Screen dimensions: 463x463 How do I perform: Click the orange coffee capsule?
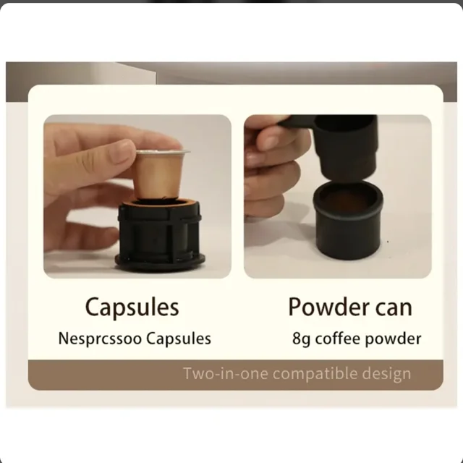pyautogui.click(x=159, y=174)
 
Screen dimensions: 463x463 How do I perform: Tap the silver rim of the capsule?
pyautogui.click(x=163, y=152)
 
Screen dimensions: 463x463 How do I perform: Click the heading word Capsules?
pyautogui.click(x=132, y=307)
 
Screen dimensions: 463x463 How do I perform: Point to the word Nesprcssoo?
pyautogui.click(x=100, y=339)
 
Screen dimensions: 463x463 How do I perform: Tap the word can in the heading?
pyautogui.click(x=394, y=309)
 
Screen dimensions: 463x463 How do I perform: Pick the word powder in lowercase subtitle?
pyautogui.click(x=393, y=339)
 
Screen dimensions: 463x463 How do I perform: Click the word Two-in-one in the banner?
pyautogui.click(x=226, y=373)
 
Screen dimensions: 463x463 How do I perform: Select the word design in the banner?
pyautogui.click(x=386, y=374)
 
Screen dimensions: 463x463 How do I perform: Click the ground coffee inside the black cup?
pyautogui.click(x=347, y=202)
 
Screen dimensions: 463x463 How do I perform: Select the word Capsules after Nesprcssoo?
pyautogui.click(x=179, y=339)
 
